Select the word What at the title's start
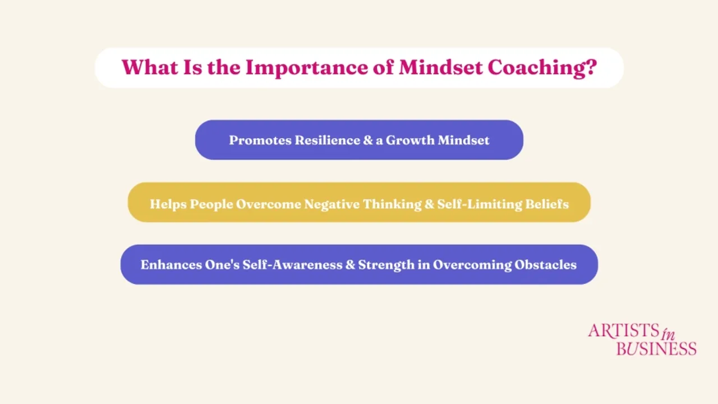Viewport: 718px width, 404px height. (146, 67)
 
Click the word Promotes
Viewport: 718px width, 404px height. (260, 140)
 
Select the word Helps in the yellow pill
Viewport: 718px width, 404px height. (168, 204)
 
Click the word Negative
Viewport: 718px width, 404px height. (332, 204)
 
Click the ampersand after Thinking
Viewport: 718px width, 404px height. (429, 204)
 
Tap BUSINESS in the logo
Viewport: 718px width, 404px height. (656, 348)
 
